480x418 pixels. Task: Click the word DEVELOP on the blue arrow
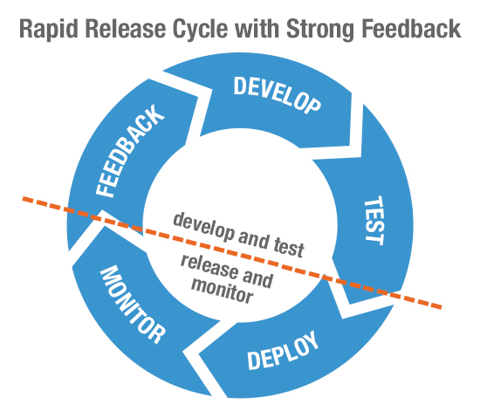point(278,95)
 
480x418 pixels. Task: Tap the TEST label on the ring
point(374,221)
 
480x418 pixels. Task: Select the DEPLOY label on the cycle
point(283,351)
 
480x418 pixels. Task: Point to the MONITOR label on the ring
point(133,305)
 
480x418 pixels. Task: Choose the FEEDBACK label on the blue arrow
point(130,151)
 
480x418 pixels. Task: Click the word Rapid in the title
point(49,29)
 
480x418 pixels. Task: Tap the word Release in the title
point(126,29)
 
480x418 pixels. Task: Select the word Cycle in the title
point(200,29)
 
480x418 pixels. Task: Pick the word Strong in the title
point(320,30)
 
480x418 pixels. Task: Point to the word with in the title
point(257,29)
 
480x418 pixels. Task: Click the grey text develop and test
point(239,235)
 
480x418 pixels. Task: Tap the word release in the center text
point(209,266)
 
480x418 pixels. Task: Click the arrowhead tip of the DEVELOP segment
point(362,157)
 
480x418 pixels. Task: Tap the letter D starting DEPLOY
point(253,361)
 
